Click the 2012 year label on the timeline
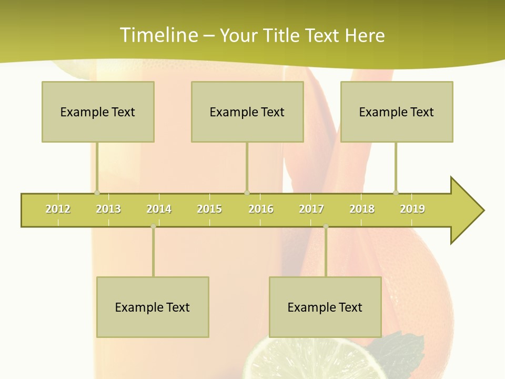click(x=58, y=209)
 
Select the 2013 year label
click(x=108, y=209)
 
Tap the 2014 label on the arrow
click(x=159, y=209)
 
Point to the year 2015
click(x=209, y=209)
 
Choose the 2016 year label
click(x=261, y=209)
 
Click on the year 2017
click(x=311, y=209)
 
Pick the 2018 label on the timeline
click(x=362, y=209)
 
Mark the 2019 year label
click(x=412, y=209)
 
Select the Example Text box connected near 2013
click(x=98, y=112)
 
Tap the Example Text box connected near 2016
click(x=247, y=112)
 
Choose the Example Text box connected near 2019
click(x=397, y=112)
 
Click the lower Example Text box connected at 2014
click(x=153, y=307)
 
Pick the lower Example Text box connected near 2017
click(x=325, y=307)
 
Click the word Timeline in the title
click(x=158, y=35)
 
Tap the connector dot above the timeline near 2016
click(x=247, y=193)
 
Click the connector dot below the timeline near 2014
click(x=153, y=226)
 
